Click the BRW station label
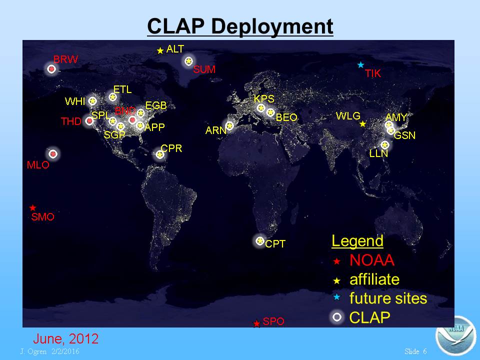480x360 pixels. point(65,59)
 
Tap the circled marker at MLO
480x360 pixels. point(53,153)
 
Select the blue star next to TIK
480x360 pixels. point(360,65)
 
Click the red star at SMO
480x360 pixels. point(33,208)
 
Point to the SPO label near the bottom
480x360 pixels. point(273,321)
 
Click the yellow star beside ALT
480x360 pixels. point(160,50)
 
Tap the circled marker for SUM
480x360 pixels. point(188,61)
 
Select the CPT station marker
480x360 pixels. point(260,241)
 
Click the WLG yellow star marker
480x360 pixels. point(363,124)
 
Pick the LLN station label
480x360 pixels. point(378,153)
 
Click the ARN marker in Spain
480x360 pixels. point(229,126)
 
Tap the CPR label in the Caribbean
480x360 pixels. point(171,148)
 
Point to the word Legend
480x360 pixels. point(357,241)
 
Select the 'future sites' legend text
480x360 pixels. point(388,298)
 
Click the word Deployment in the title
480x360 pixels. point(272,26)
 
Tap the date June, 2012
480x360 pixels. point(66,338)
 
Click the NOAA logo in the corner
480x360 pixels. point(455,335)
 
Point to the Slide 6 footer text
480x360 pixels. point(415,351)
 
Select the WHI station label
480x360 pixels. point(74,101)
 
